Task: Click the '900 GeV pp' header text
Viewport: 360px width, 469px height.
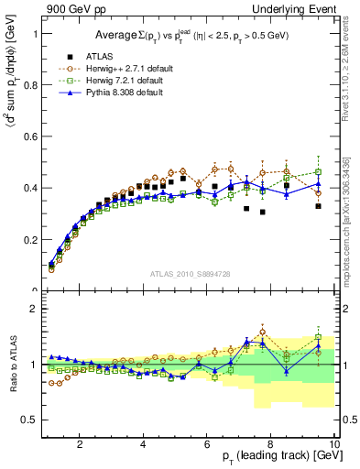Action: point(67,9)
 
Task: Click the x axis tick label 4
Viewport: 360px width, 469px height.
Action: point(143,444)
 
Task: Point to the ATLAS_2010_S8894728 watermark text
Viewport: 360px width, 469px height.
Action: point(190,273)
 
